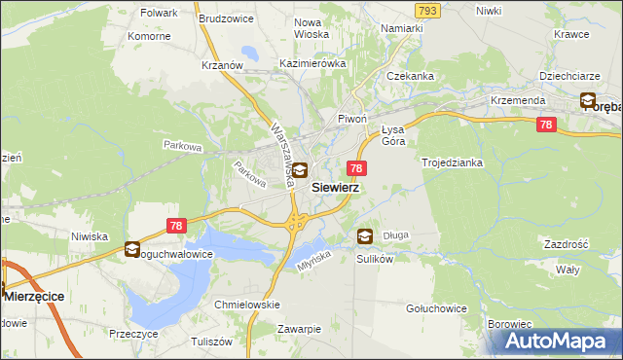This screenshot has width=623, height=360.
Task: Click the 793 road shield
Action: (425, 10)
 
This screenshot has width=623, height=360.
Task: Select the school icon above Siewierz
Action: (301, 170)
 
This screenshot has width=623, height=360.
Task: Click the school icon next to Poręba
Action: (588, 99)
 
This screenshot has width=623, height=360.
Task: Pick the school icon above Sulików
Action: (364, 235)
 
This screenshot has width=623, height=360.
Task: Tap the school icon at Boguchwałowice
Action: (132, 250)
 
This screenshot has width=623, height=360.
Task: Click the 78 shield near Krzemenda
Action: (546, 125)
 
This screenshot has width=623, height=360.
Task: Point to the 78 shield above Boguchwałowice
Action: (176, 226)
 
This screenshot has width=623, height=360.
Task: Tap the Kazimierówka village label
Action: (312, 63)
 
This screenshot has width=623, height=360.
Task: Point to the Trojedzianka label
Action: (452, 162)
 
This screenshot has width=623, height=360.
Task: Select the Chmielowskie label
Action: (247, 304)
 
